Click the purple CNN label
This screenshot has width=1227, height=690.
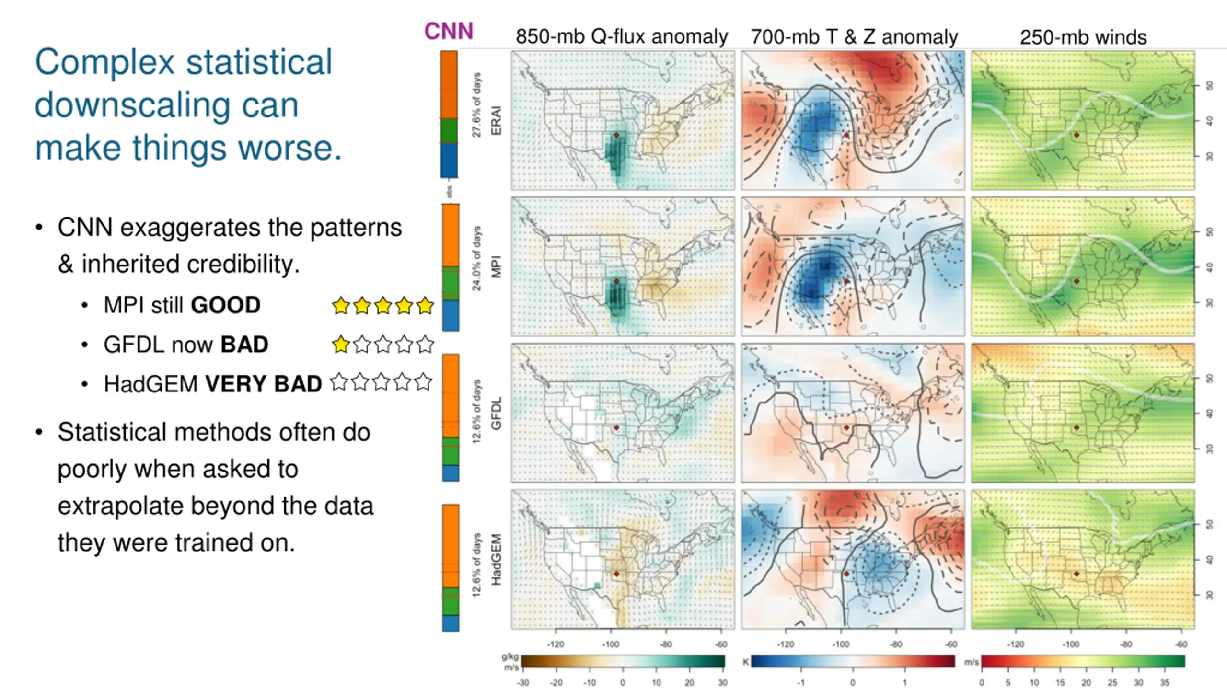(x=449, y=32)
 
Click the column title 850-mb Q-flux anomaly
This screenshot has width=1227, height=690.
(x=622, y=37)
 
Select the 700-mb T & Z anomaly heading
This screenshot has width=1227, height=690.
(x=854, y=37)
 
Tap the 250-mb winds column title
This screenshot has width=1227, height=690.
(x=1083, y=37)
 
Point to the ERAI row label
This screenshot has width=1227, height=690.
(x=497, y=121)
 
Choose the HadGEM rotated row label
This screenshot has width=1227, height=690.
(x=497, y=559)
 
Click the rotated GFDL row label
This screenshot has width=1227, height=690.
(x=497, y=413)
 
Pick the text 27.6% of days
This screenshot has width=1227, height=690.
(x=476, y=105)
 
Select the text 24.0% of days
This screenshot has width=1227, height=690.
(x=476, y=258)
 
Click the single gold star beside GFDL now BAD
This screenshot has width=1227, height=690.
(x=341, y=345)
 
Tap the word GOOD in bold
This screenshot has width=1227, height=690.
(x=225, y=305)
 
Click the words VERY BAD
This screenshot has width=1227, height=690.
(x=264, y=384)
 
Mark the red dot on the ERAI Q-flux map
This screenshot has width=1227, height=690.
(x=617, y=135)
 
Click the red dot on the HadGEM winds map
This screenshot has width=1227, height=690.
(x=1077, y=574)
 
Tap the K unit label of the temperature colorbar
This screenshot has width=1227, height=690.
(x=746, y=662)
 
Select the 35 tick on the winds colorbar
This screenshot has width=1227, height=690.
(x=1165, y=682)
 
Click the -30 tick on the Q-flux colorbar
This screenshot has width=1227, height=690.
(x=523, y=682)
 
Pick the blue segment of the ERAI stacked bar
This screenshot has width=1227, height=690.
(x=449, y=161)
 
